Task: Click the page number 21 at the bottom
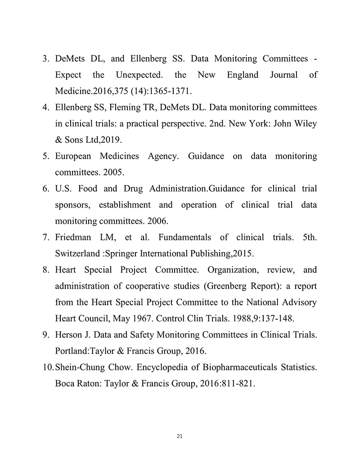click(180, 436)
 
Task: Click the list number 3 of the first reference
click(45, 59)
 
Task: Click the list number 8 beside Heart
click(45, 270)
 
